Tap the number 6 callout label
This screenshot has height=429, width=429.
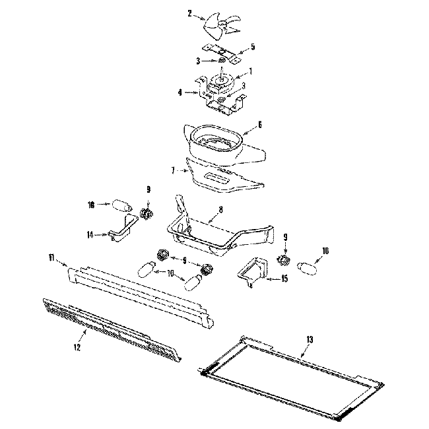260,123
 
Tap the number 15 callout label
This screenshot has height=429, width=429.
284,279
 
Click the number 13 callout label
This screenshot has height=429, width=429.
310,339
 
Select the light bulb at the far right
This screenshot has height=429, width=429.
309,267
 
